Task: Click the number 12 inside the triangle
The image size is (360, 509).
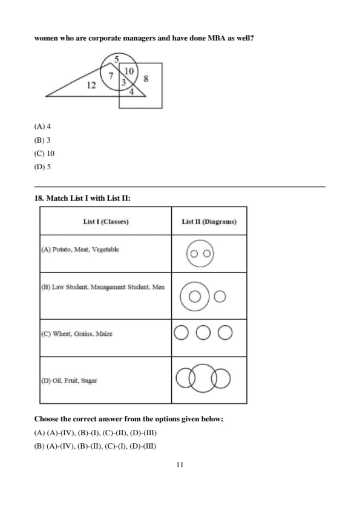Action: (91, 85)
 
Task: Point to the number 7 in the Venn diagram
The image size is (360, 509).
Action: (111, 76)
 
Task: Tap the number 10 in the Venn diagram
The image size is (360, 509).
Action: (129, 71)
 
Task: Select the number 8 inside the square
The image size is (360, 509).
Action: (146, 79)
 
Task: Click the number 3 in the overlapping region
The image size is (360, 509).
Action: (123, 82)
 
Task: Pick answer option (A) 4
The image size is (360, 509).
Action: (42, 126)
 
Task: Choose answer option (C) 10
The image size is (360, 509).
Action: (44, 153)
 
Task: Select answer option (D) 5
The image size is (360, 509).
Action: (42, 166)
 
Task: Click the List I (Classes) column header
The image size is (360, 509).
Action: (106, 222)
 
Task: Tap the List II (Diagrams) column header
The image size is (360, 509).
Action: (209, 222)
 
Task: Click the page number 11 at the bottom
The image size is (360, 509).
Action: (180, 465)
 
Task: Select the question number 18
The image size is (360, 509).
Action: (39, 198)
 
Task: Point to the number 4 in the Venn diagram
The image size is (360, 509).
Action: (131, 92)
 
